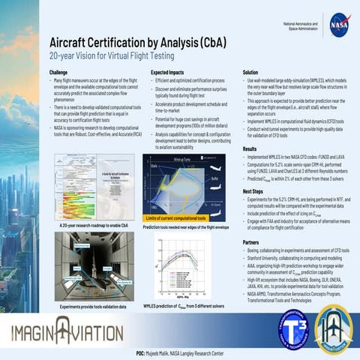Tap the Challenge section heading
[x=59, y=72]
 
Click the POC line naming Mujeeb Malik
[x=180, y=352]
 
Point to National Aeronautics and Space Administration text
[x=298, y=26]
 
